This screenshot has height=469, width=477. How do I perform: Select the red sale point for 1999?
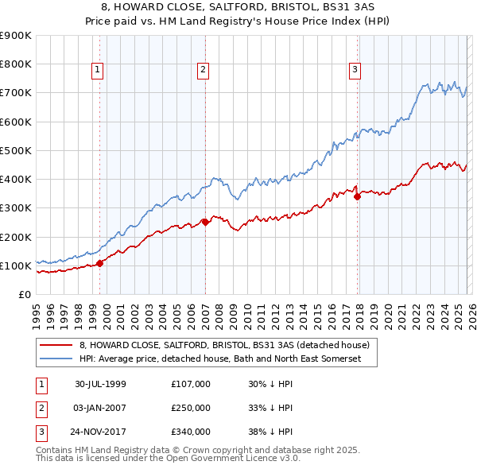[100, 263]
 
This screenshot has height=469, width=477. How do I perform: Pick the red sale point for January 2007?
[205, 222]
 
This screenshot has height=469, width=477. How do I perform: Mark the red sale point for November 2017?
[357, 196]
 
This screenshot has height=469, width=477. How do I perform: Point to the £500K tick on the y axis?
[16, 150]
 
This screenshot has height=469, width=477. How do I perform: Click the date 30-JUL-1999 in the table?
[100, 383]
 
